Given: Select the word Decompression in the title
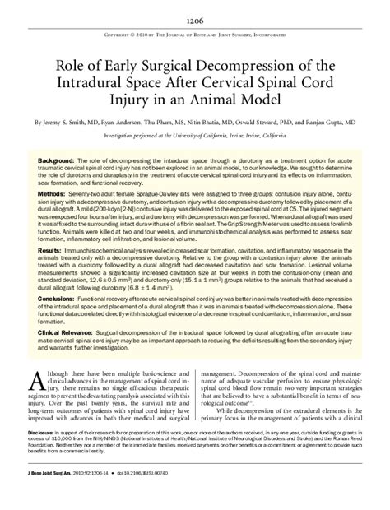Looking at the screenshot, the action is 262,66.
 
